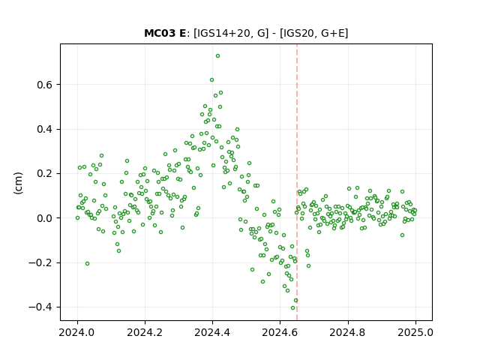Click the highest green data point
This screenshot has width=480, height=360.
pos(217,56)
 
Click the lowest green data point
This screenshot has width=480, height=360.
pos(292,308)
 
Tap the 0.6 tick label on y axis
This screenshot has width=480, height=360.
pos(44,85)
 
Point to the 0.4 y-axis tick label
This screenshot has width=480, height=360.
pos(44,130)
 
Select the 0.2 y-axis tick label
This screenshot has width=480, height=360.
pos(44,174)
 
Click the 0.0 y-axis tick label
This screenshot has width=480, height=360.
pos(44,218)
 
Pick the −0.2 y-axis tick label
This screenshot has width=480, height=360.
pos(40,263)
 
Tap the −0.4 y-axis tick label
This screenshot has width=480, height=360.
pos(40,307)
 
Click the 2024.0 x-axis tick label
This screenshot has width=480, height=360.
pos(77,332)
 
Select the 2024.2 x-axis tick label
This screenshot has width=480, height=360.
pos(145,332)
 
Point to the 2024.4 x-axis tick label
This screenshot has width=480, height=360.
pos(212,332)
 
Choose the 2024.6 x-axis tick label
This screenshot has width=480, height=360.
pos(280,332)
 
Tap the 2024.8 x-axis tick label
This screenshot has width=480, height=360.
pos(348,332)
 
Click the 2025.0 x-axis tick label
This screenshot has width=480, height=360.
pos(415,332)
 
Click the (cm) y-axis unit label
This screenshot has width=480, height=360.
pos(18,183)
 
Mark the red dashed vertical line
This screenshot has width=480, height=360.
pos(297,182)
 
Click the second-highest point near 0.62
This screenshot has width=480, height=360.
pos(211,80)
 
